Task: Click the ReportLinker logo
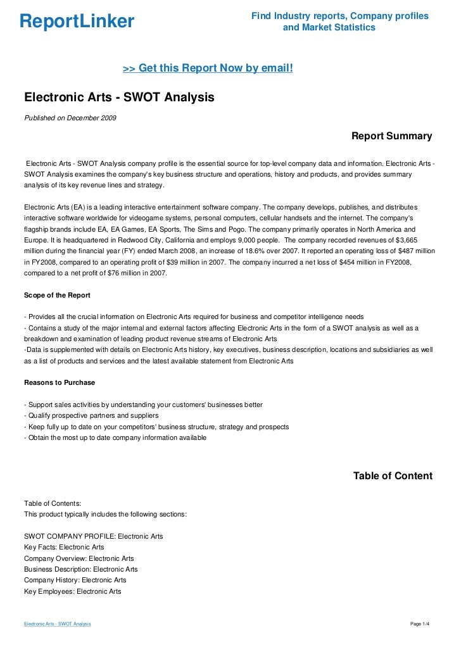[x=77, y=22]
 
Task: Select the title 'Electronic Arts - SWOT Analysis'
[x=120, y=98]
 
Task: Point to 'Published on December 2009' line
[x=70, y=118]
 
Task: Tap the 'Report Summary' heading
[x=391, y=136]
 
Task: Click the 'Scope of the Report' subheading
[x=57, y=295]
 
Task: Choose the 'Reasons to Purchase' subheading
[x=59, y=382]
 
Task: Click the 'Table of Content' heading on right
[x=393, y=476]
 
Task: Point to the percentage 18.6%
[x=258, y=252]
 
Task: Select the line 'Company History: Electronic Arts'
[x=75, y=580]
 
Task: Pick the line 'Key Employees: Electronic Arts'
[x=72, y=591]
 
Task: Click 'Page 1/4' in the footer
[x=420, y=624]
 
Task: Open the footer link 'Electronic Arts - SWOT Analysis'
[x=57, y=624]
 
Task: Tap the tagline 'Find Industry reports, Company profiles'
[x=340, y=15]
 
